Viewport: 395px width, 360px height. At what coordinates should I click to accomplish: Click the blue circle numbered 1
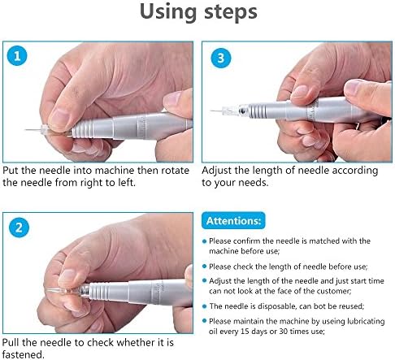point(17,56)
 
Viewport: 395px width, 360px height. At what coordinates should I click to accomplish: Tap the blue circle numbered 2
point(19,228)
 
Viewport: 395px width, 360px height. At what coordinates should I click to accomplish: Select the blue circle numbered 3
point(221,58)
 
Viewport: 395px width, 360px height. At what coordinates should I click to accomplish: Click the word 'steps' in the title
point(230,12)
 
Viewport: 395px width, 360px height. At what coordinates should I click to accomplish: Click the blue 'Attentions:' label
point(233,220)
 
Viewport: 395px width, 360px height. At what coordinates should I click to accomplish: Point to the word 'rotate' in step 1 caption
point(175,171)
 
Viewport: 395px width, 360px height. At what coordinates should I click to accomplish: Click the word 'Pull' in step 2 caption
point(11,342)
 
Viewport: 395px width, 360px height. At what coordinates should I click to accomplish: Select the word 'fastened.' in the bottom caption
point(23,354)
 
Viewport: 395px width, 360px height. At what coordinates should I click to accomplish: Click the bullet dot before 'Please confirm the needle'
point(205,241)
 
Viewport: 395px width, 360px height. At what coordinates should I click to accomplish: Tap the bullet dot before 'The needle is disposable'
point(205,306)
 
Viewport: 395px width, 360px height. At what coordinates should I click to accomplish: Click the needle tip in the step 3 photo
point(211,111)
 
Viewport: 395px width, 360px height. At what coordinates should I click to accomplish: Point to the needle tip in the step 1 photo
point(26,130)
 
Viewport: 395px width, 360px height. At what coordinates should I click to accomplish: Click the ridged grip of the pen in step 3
point(257,111)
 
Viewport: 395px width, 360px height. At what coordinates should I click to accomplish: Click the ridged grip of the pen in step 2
point(99,292)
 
